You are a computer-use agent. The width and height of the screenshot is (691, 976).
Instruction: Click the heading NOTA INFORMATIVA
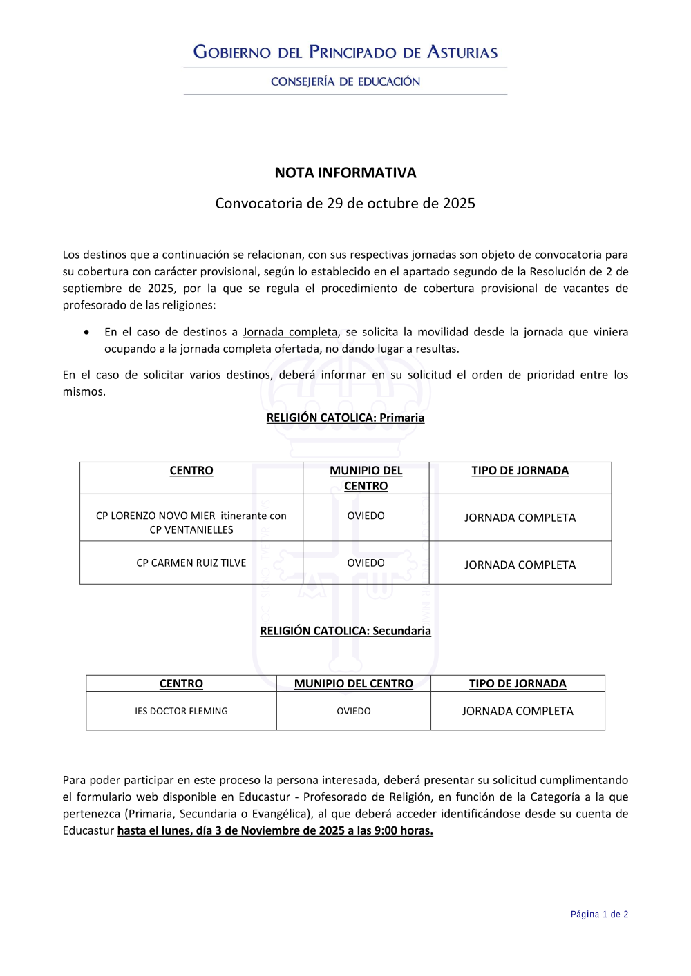point(345,173)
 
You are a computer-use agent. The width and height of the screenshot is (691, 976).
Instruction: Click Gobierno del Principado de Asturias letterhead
point(345,52)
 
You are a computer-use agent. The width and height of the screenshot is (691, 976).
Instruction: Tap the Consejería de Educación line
point(345,81)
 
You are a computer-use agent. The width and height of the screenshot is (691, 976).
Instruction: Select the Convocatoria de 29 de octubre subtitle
point(345,204)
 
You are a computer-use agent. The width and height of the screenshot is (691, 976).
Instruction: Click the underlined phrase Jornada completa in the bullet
point(290,332)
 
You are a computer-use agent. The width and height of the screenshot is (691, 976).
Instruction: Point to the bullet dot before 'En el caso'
point(86,332)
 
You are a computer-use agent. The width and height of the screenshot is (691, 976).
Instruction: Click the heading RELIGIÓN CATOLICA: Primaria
point(345,418)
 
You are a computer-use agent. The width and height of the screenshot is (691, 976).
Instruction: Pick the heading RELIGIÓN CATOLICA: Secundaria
point(345,631)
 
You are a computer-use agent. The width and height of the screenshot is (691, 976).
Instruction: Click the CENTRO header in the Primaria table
point(191,471)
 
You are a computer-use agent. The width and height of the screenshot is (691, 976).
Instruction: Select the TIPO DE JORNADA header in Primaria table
point(520,471)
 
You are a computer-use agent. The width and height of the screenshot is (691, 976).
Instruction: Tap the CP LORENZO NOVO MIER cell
point(191,523)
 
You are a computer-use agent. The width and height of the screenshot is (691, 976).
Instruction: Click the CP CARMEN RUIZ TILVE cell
point(191,563)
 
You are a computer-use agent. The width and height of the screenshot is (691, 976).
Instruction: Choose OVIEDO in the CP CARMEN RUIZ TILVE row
point(366,563)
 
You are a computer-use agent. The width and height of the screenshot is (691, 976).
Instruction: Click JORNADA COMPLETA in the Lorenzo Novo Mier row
point(520,518)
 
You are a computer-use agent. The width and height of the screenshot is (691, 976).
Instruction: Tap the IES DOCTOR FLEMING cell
point(181,711)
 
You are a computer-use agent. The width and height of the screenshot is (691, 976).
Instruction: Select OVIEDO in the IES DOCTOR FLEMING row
point(354,711)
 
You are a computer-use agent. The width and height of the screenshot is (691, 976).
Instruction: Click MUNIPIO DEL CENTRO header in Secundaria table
point(354,683)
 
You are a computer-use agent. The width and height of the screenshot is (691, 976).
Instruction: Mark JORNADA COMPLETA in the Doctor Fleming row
point(518,711)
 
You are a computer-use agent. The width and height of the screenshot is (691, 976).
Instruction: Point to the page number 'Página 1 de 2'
point(599,915)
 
